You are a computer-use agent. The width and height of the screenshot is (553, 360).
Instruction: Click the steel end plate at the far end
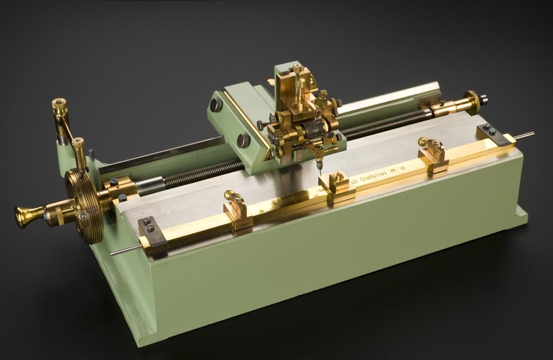point(494,134)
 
